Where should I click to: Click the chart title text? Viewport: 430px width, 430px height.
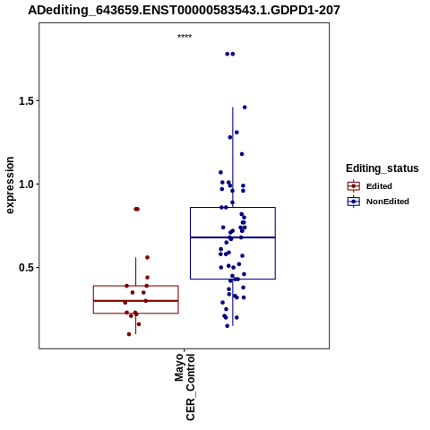point(184,11)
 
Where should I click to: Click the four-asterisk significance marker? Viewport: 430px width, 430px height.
point(185,37)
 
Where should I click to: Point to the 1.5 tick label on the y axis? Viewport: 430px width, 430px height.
point(25,101)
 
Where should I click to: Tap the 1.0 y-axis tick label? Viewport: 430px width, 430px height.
point(25,185)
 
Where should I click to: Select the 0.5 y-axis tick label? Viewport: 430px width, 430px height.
point(25,268)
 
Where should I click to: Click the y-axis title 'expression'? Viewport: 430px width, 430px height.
point(10,185)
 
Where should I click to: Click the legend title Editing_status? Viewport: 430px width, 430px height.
point(383,168)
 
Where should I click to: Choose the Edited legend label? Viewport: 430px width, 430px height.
point(379,186)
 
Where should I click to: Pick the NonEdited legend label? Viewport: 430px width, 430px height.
point(388,202)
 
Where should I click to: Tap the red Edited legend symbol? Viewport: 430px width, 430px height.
point(354,186)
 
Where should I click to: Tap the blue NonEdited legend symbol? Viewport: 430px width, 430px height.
point(354,202)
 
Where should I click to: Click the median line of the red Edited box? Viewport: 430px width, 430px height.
point(136,301)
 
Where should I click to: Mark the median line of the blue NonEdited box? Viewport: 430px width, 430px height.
point(233,237)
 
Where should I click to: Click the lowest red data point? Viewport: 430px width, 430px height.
point(129,334)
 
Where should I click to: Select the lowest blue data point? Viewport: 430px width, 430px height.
point(228,326)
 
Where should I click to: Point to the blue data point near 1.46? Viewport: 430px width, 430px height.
point(245,107)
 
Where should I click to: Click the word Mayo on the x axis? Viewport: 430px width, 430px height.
point(179,367)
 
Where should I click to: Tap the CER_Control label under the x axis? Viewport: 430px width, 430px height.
point(190,387)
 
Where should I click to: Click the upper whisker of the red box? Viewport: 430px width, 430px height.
point(136,271)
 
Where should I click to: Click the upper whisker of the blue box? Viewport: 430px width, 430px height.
point(233,158)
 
